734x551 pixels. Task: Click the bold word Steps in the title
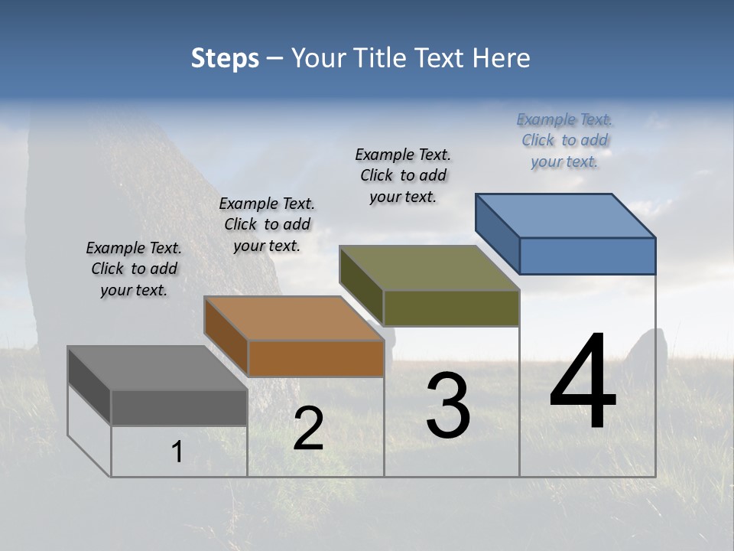[x=225, y=58]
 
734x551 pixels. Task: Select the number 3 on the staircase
[x=447, y=405]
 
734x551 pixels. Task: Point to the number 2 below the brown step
[x=308, y=429]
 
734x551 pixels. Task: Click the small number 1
[x=177, y=452]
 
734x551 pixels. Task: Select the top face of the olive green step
[x=430, y=268]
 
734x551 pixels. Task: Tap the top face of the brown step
[x=294, y=318]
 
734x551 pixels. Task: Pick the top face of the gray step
[x=158, y=368]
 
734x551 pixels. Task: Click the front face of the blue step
[x=587, y=256]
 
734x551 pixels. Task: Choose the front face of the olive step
[x=451, y=308]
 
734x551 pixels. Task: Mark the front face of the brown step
[x=316, y=358]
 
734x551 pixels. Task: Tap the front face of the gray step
[x=179, y=407]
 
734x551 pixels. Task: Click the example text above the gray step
[x=134, y=269]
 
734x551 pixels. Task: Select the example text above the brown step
[x=267, y=224]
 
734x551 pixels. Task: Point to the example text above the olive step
[x=403, y=175]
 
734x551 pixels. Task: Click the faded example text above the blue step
[x=564, y=140]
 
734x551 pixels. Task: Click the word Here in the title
[x=502, y=58]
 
